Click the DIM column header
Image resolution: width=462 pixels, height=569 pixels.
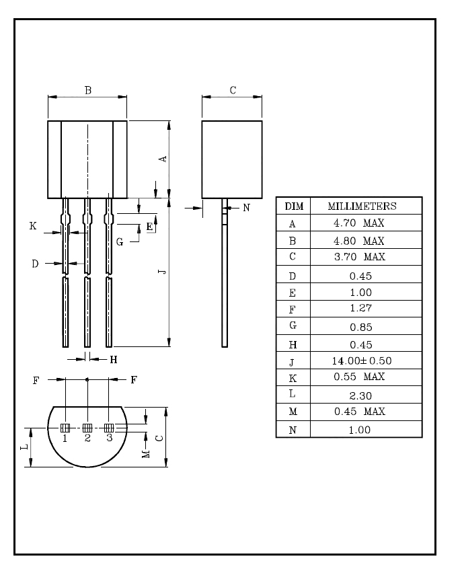pyautogui.click(x=294, y=206)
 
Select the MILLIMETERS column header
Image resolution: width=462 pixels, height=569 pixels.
pyautogui.click(x=362, y=206)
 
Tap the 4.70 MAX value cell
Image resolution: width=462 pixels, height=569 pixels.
pyautogui.click(x=359, y=223)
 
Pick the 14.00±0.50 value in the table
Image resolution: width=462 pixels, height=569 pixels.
pyautogui.click(x=362, y=361)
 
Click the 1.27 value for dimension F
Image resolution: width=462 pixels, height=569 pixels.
pyautogui.click(x=360, y=308)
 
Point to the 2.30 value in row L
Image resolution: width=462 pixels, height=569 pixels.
pyautogui.click(x=360, y=395)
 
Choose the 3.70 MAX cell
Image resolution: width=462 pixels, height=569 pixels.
pyautogui.click(x=359, y=257)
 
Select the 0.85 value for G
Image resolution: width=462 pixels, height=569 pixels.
pyautogui.click(x=361, y=328)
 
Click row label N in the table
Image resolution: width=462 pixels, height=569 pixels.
pyautogui.click(x=293, y=430)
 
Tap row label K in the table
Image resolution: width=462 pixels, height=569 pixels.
pyautogui.click(x=293, y=379)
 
